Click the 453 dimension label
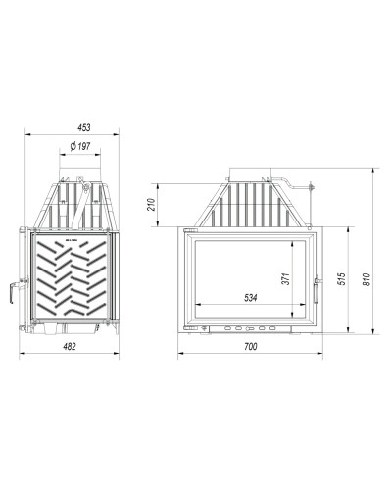[x=84, y=127]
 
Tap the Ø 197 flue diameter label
[x=80, y=146]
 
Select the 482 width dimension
[x=70, y=346]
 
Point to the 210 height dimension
[x=151, y=205]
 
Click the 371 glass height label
[x=286, y=278]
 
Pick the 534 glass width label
[x=251, y=298]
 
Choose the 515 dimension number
[x=341, y=278]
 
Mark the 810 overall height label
[x=367, y=279]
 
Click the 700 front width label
[x=251, y=346]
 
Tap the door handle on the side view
[x=13, y=291]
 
